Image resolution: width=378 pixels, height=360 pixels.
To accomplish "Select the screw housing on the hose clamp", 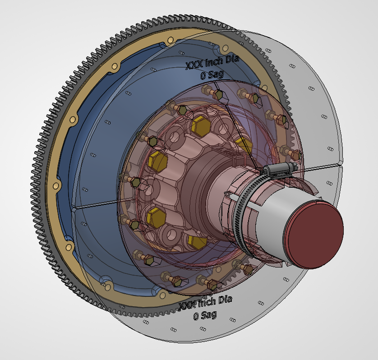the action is [280, 168].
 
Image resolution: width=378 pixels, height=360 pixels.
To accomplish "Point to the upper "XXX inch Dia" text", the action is [212, 62].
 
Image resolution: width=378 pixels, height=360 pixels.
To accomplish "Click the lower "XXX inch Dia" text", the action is [205, 303].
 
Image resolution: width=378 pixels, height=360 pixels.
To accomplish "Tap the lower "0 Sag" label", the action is [205, 315].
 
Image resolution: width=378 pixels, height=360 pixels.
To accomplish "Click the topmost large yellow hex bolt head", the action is [201, 126].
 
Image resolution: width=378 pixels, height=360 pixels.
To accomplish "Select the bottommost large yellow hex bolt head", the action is [197, 242].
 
